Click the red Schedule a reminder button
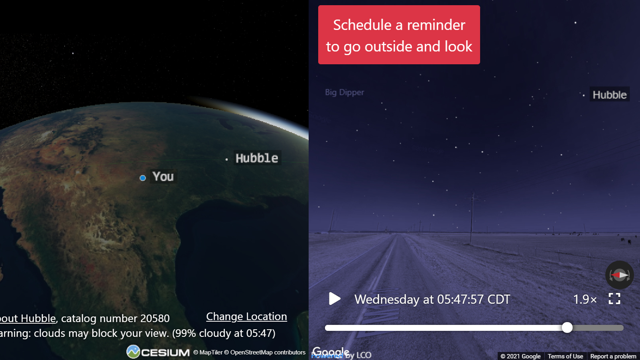pos(399,35)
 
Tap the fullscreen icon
pos(614,299)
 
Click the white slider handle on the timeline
pos(567,328)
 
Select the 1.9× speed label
pos(585,299)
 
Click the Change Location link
pos(246,317)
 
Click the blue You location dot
pos(143,178)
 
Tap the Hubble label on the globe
pos(256,158)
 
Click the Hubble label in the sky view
pos(609,95)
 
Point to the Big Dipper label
pos(345,92)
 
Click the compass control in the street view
pos(619,275)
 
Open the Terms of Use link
pos(565,356)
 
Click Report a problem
pos(613,356)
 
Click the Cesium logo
pos(158,352)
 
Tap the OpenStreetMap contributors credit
pos(268,352)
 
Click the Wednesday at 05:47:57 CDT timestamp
pos(432,299)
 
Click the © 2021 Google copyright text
pos(520,356)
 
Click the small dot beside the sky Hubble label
pos(583,95)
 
